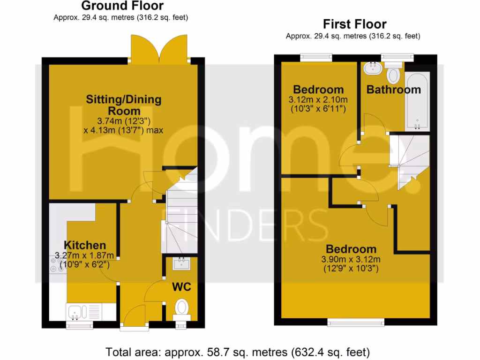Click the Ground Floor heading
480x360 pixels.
click(122, 6)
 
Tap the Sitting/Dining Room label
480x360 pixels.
click(124, 105)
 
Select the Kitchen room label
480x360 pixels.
click(85, 245)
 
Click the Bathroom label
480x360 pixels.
click(394, 90)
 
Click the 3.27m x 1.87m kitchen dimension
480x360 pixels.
click(85, 255)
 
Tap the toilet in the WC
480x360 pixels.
click(181, 308)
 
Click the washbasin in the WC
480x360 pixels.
click(180, 264)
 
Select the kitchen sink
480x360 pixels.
click(76, 311)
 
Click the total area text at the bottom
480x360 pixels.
click(238, 351)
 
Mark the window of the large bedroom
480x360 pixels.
click(355, 322)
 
